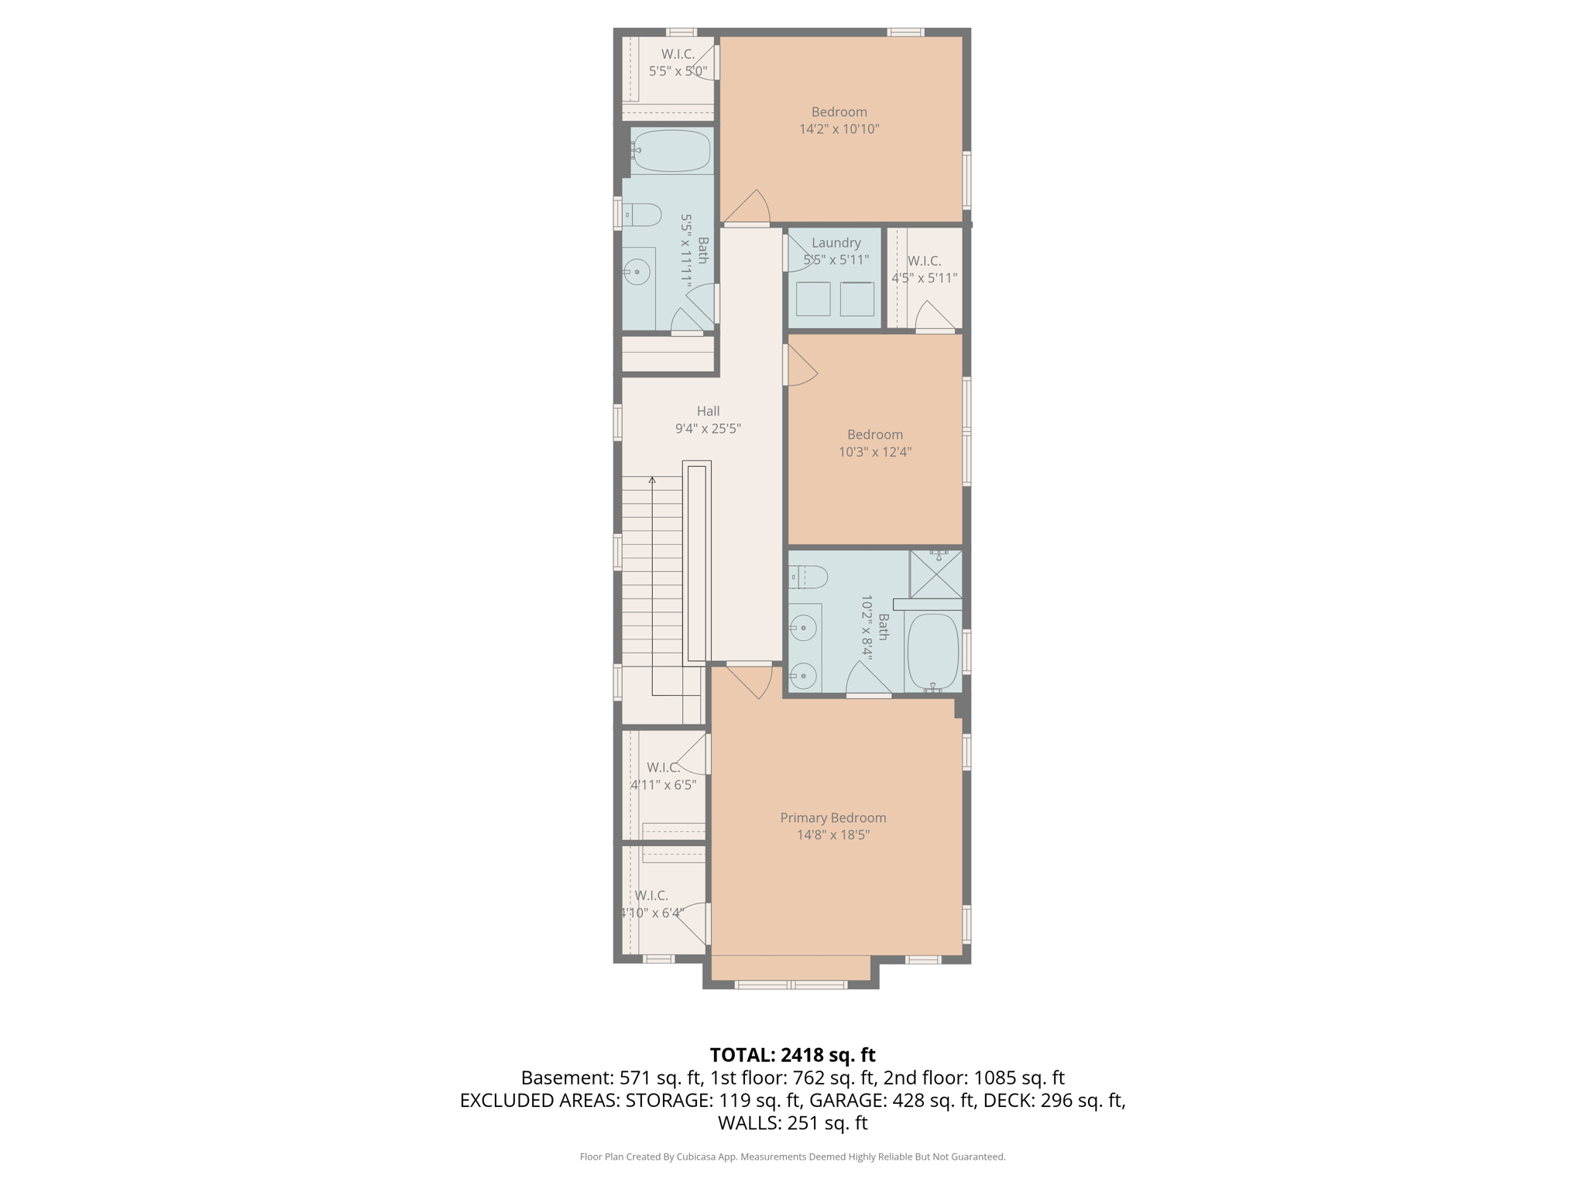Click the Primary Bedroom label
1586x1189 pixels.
[x=832, y=817]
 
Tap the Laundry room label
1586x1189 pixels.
[x=836, y=242]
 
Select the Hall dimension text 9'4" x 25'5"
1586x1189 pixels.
[x=708, y=428]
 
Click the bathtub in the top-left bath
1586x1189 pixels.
[x=671, y=150]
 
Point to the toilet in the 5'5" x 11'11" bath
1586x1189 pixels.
[x=644, y=214]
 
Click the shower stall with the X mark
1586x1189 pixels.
[x=935, y=574]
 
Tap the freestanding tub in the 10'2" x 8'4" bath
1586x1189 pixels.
[x=932, y=651]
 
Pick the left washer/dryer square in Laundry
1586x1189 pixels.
[x=813, y=299]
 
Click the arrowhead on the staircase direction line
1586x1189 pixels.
[x=652, y=481]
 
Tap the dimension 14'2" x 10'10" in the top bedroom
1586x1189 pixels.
[x=839, y=129]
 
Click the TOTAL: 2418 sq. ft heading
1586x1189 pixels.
[x=792, y=1054]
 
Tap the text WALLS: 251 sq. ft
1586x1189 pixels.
[x=792, y=1122]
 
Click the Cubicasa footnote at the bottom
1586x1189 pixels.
[x=792, y=1156]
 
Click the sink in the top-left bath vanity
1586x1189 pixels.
[x=637, y=272]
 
